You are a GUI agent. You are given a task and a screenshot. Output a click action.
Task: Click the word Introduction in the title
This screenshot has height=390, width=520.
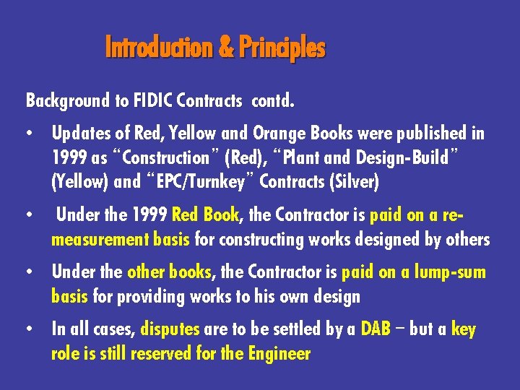159,48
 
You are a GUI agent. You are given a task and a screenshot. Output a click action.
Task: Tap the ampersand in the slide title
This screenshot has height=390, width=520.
225,48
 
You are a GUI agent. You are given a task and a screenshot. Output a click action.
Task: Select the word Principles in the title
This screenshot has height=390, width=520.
282,48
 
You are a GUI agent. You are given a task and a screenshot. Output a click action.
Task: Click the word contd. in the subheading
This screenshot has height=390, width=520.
272,100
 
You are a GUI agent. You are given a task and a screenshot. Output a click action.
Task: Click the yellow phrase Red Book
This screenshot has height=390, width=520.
205,215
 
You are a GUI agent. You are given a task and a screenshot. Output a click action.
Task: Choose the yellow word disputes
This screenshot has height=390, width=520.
170,329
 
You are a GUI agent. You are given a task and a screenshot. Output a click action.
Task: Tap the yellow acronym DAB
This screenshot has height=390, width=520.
375,329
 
